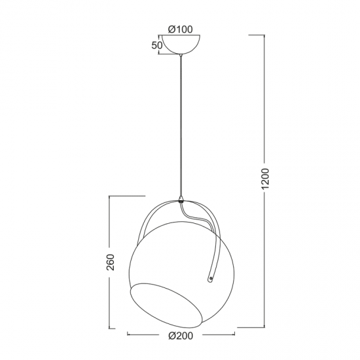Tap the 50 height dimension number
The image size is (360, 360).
(x=156, y=45)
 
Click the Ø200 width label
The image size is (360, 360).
(x=180, y=338)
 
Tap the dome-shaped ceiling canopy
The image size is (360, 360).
(x=180, y=45)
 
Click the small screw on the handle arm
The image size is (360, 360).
(x=210, y=279)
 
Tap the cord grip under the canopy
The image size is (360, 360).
(x=181, y=58)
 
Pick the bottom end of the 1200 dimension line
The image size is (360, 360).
(x=265, y=326)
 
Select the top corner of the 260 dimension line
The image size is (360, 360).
(x=111, y=195)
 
